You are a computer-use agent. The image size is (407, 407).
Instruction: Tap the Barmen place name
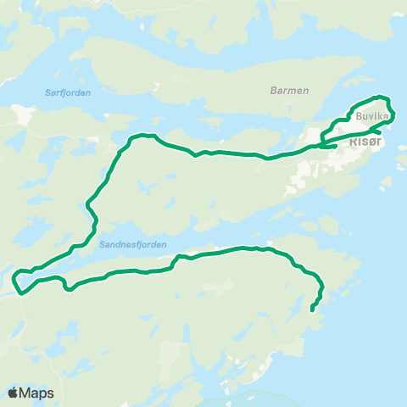tap(289, 90)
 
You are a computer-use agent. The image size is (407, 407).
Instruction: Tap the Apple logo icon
tap(14, 393)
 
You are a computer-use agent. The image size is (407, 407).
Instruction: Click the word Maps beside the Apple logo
tap(37, 393)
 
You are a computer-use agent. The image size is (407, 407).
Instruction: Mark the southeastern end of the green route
tap(312, 310)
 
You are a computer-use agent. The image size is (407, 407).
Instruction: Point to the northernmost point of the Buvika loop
tap(379, 97)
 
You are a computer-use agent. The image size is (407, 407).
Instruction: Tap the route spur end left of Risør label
tap(337, 147)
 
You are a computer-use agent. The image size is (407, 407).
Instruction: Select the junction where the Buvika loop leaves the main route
tap(322, 144)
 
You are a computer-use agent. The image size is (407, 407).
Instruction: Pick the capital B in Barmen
tap(273, 90)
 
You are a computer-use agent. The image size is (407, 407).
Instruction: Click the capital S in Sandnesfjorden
tap(102, 244)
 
